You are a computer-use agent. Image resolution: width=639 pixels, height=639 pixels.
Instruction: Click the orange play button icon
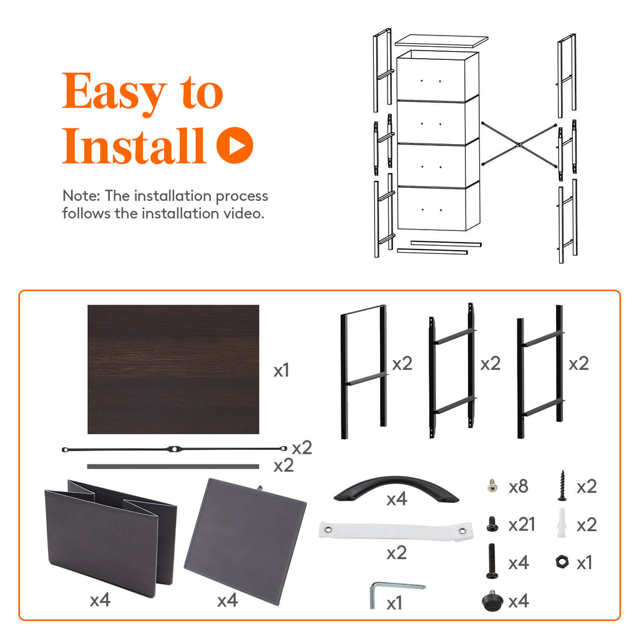coord(235,145)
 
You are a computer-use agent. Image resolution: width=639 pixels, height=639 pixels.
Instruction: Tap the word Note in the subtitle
coord(80,196)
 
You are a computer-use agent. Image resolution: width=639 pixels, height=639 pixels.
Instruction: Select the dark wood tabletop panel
coord(173,369)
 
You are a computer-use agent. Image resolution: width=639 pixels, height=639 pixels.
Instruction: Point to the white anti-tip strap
coord(396,530)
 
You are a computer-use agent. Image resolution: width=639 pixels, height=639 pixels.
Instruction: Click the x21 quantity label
coord(522,525)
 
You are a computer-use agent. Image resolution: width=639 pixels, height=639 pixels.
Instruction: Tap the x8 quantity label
coord(519,487)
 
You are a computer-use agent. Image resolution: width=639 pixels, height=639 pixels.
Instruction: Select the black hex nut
coord(562,562)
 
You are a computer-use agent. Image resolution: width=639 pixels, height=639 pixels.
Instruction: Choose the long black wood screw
coord(562,485)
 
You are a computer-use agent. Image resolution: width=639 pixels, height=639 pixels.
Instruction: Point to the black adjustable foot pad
coord(492,600)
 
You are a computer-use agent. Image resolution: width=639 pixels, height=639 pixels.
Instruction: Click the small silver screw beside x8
coord(493,485)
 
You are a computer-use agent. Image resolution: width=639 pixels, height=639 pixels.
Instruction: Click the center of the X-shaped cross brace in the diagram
coord(519,145)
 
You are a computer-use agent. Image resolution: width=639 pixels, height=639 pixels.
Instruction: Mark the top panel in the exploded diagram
coord(441,41)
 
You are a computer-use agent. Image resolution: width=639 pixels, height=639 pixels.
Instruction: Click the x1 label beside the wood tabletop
coord(281,371)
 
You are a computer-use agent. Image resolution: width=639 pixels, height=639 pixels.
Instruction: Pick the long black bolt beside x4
coord(492,561)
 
